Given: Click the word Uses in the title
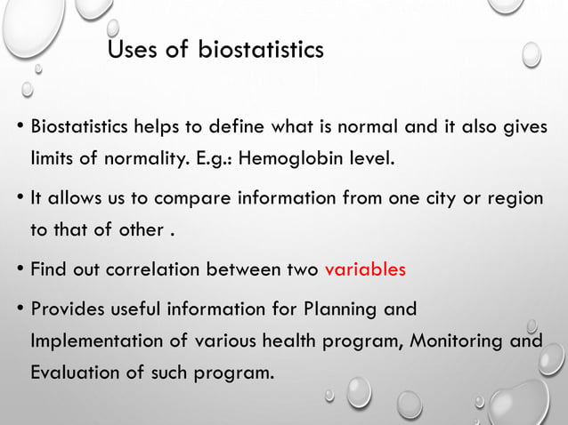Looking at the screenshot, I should point(132,50).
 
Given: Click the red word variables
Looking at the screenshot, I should point(365,269).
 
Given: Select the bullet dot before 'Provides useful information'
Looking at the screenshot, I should point(20,310).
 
